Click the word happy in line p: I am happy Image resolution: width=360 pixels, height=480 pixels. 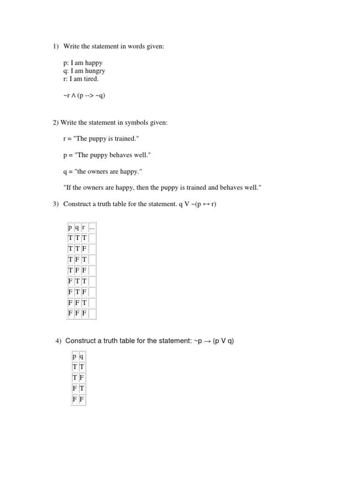(x=94, y=62)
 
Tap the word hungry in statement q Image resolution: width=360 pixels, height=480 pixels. (x=95, y=71)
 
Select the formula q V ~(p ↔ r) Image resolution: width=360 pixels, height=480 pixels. (x=198, y=204)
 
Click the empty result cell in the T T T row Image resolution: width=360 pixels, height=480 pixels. (x=92, y=238)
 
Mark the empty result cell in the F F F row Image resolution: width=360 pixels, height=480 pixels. (x=92, y=313)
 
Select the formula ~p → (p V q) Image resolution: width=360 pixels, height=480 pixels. (x=213, y=341)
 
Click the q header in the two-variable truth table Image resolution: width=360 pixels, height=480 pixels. (x=82, y=356)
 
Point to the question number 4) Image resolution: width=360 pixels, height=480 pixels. (x=59, y=341)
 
